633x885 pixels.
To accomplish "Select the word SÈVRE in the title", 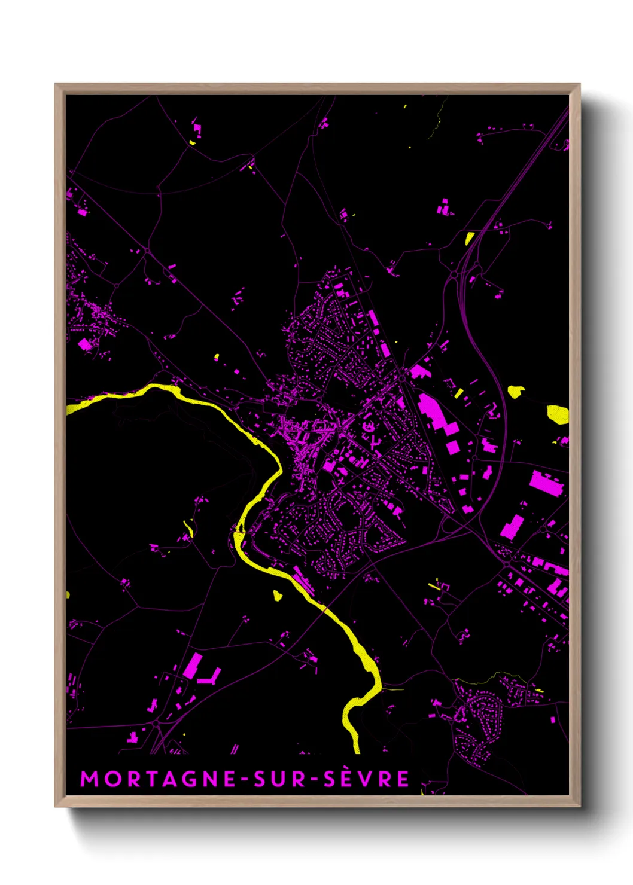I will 367,779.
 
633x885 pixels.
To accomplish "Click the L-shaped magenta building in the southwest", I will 210,678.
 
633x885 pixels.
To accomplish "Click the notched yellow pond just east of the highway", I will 515,392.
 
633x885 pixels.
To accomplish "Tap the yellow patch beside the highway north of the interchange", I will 469,238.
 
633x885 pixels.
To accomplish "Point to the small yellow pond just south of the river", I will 277,595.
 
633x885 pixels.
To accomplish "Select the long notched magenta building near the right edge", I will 546,484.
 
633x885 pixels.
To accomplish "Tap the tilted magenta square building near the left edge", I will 85,344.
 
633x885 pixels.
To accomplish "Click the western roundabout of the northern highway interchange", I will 454,274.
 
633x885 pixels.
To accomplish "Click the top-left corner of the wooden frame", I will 56,84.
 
